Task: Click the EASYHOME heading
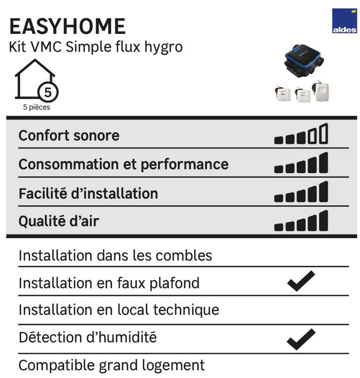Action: pyautogui.click(x=67, y=26)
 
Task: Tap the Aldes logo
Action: pyautogui.click(x=344, y=21)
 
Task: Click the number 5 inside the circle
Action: pyautogui.click(x=48, y=93)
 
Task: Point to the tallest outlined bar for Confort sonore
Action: pyautogui.click(x=324, y=133)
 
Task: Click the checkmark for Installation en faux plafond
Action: pyautogui.click(x=301, y=281)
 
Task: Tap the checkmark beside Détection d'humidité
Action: pyautogui.click(x=301, y=339)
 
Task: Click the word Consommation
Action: pyautogui.click(x=69, y=164)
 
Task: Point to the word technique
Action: pyautogui.click(x=186, y=310)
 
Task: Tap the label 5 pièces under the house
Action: pyautogui.click(x=36, y=107)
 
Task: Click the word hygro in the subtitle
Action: pyautogui.click(x=164, y=47)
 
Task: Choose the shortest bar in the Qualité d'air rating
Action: pyautogui.click(x=279, y=227)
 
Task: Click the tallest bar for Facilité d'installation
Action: pyautogui.click(x=324, y=191)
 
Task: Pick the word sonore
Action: pyautogui.click(x=97, y=136)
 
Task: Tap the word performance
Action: pyautogui.click(x=185, y=165)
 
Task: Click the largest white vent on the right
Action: pyautogui.click(x=321, y=91)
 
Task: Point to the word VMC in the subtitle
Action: pyautogui.click(x=46, y=47)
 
